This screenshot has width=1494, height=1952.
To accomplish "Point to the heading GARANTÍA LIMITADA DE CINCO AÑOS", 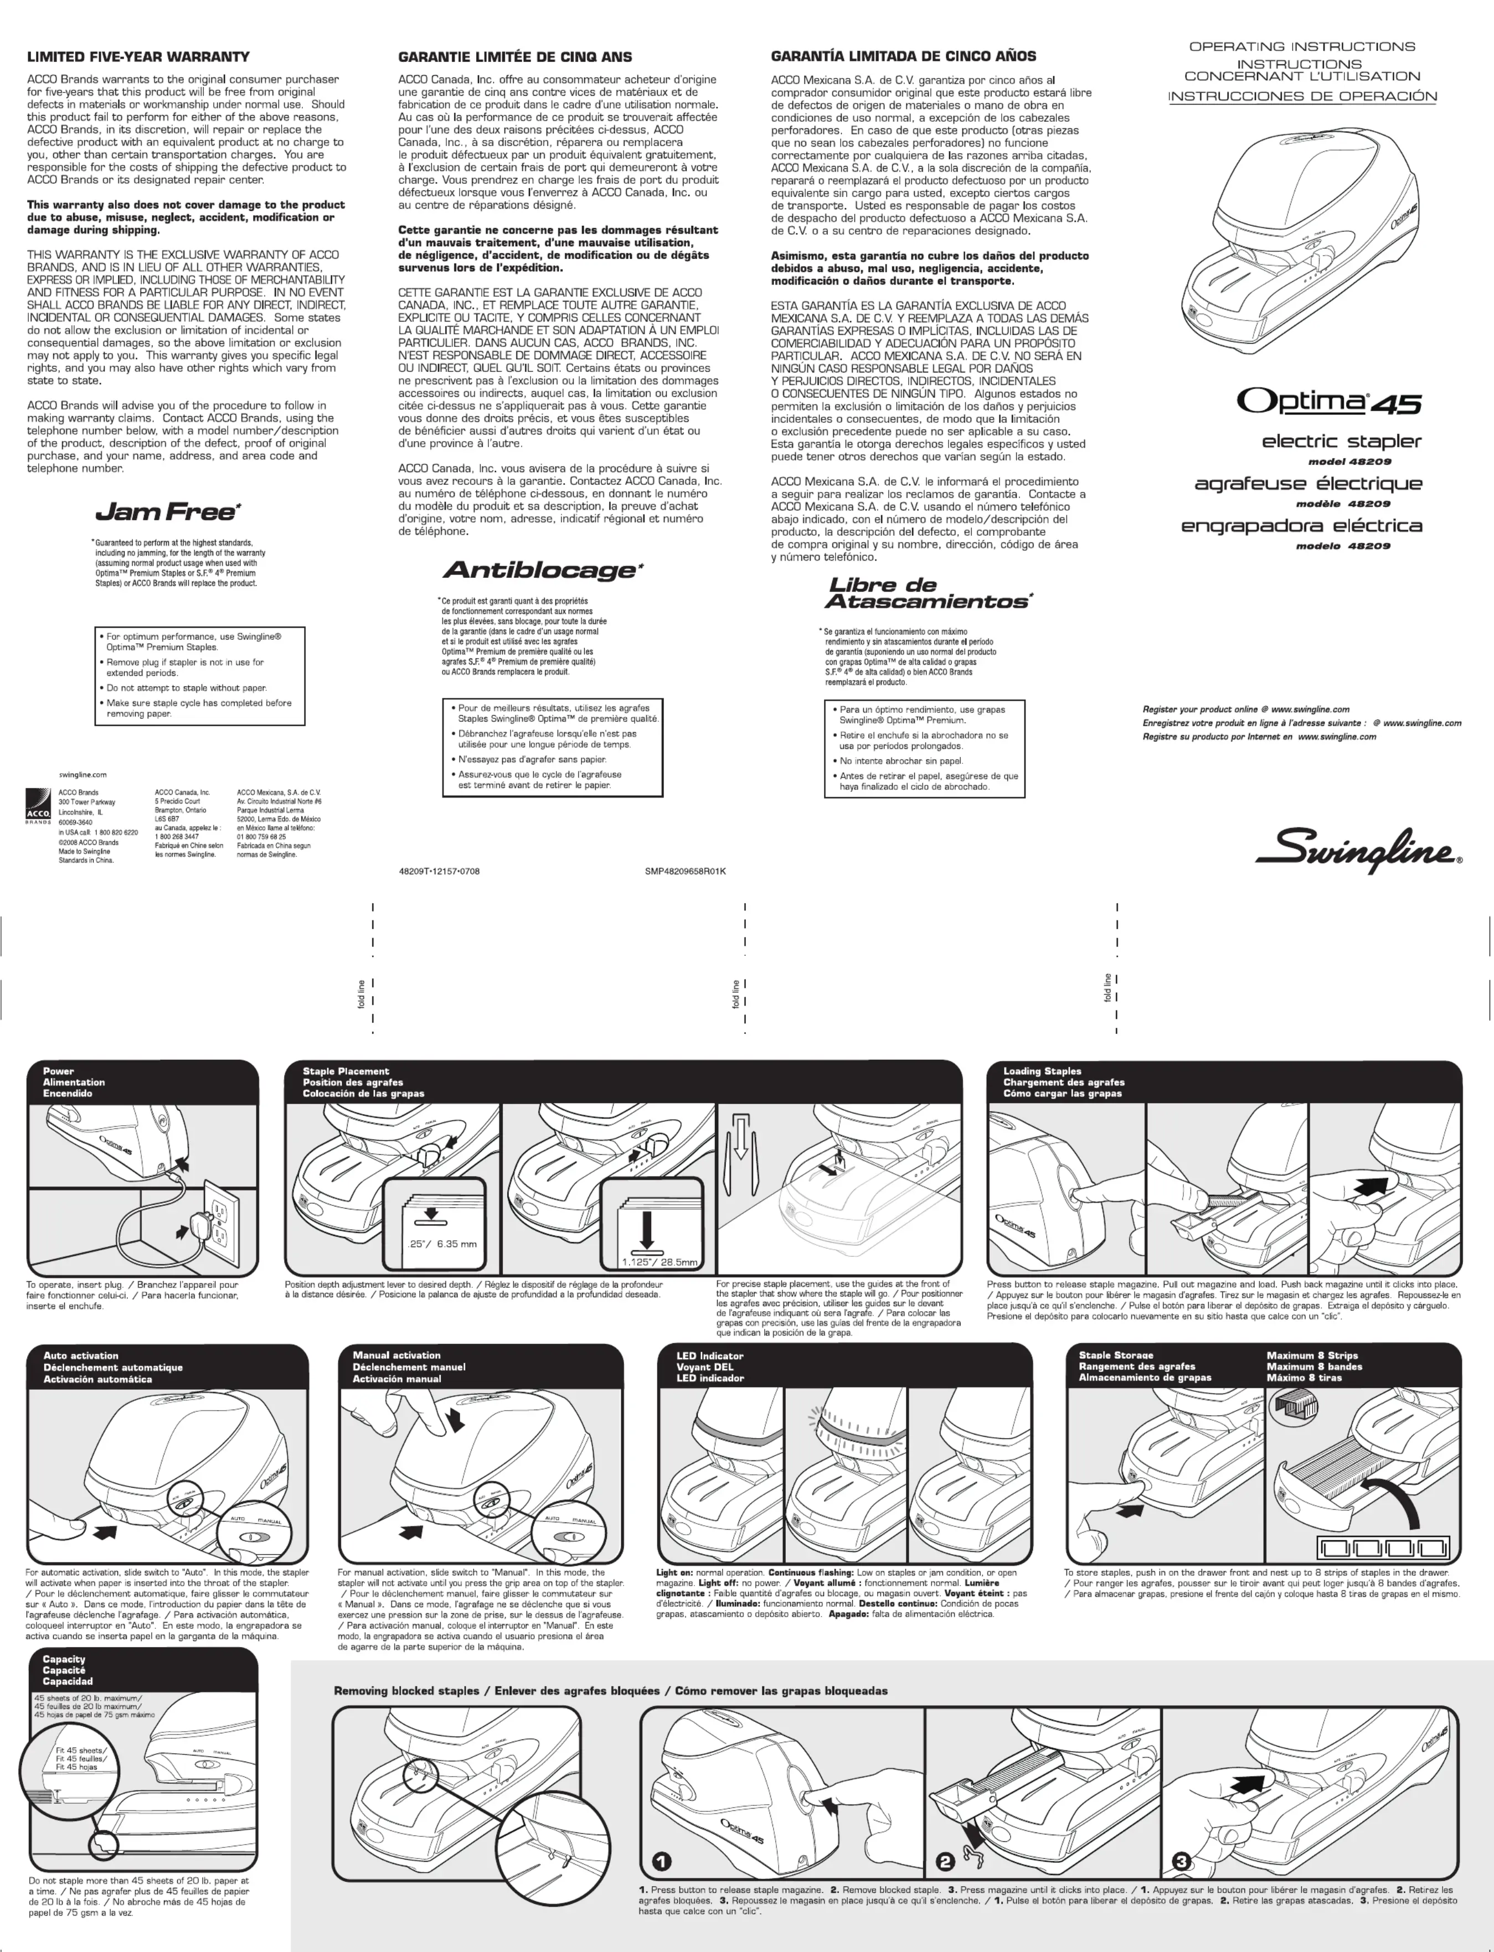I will click(x=903, y=56).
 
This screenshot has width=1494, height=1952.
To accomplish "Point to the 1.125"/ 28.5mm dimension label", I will click(x=659, y=1261).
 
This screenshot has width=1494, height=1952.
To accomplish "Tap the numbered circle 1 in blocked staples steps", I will click(x=662, y=1861).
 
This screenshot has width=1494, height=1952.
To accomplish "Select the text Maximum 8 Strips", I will click(x=1312, y=1355).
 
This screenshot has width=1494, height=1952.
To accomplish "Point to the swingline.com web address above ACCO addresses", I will click(x=83, y=774).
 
